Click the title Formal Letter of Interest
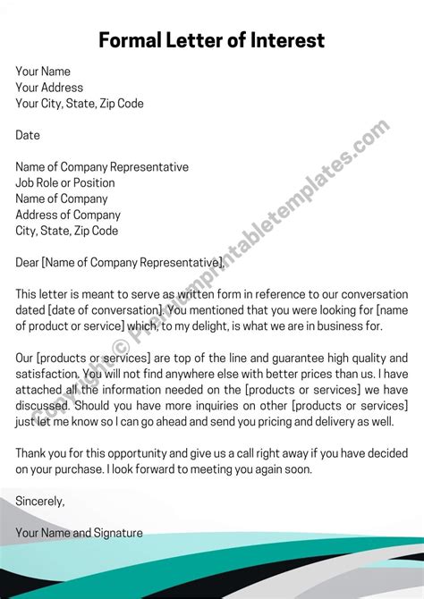[211, 40]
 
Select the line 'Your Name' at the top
[43, 72]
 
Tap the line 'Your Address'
[49, 88]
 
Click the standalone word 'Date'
[28, 135]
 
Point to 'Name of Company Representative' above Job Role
[102, 167]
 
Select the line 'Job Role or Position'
[65, 183]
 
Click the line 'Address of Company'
[68, 215]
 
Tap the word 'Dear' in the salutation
[28, 263]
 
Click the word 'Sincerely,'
[40, 502]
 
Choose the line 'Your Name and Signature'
[79, 533]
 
